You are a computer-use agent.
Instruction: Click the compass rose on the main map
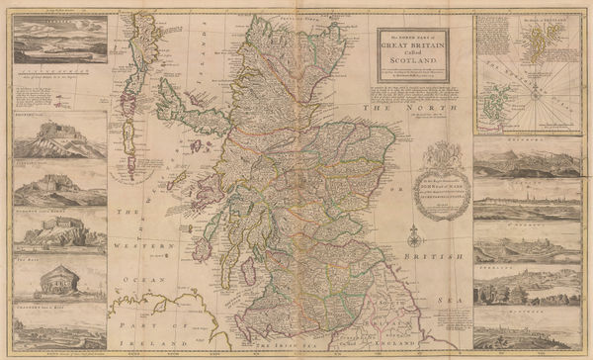[x=416, y=238]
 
